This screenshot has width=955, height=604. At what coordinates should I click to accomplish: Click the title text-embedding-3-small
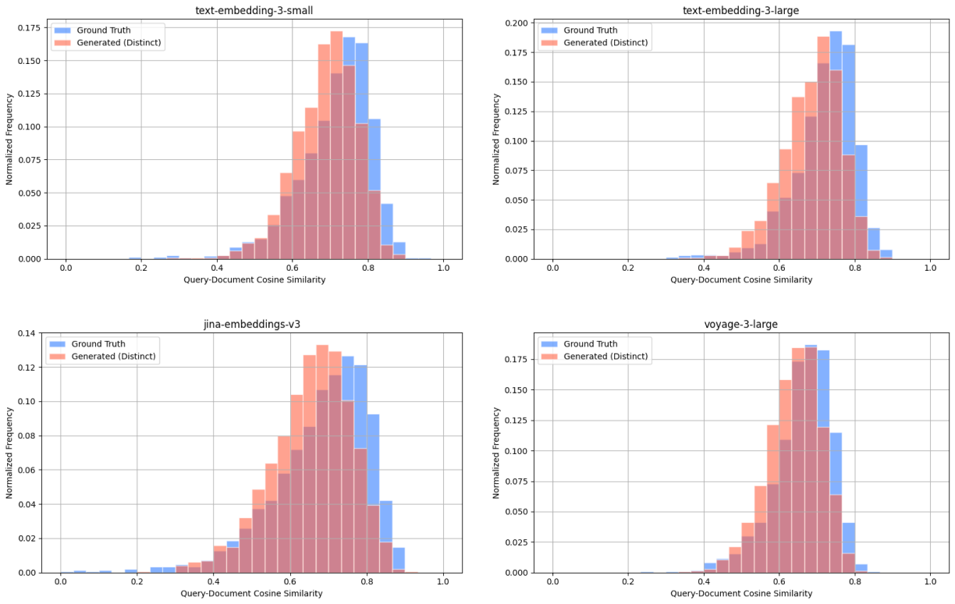pyautogui.click(x=254, y=9)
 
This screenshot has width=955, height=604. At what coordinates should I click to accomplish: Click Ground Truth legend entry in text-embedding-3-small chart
pyautogui.click(x=103, y=30)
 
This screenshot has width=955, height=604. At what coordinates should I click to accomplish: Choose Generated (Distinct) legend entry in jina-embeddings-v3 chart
pyautogui.click(x=113, y=357)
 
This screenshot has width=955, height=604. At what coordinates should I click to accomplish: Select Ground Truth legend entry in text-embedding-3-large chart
pyautogui.click(x=590, y=30)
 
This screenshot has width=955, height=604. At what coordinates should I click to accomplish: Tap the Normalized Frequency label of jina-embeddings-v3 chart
pyautogui.click(x=10, y=454)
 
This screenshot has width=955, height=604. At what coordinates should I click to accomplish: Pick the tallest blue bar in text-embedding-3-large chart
pyautogui.click(x=836, y=144)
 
